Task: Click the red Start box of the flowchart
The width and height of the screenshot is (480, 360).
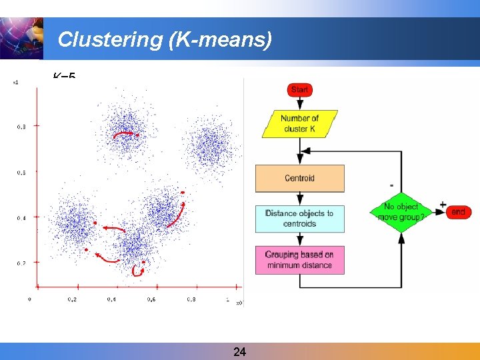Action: (299, 89)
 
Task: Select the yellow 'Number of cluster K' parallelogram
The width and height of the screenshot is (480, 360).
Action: (299, 123)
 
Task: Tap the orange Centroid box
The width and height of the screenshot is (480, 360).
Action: (299, 178)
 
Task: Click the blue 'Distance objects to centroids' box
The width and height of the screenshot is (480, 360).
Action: (299, 219)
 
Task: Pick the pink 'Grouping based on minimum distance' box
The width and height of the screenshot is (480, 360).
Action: (299, 260)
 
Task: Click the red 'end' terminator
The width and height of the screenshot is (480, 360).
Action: (458, 212)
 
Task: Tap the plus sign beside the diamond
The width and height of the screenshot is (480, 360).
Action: (443, 204)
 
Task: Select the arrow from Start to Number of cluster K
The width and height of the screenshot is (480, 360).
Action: (299, 103)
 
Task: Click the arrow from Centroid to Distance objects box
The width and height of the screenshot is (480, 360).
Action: (299, 199)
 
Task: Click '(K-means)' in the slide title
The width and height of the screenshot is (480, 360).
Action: (221, 40)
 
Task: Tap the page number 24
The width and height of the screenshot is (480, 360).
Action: (240, 351)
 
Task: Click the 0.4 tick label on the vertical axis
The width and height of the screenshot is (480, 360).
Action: (21, 218)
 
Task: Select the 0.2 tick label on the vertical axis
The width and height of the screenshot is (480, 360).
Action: (21, 263)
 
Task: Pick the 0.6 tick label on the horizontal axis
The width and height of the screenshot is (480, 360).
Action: (151, 300)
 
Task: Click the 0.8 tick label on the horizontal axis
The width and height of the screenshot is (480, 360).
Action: (192, 300)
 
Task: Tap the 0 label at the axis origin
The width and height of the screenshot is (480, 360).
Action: (30, 299)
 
